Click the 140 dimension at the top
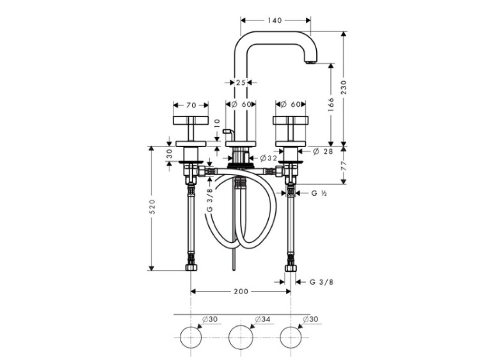pos(275,20)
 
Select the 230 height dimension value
pos(344,87)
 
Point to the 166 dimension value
pos(331,105)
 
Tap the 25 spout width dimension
pos(241,82)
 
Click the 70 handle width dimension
pos(191,106)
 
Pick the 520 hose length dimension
pos(152,207)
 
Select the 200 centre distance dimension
pos(241,292)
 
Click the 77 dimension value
pos(344,166)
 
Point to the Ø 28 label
pos(323,151)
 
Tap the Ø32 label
pos(268,158)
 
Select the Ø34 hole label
pos(262,319)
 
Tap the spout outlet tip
pos(311,62)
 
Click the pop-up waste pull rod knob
pos(227,132)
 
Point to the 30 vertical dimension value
pos(170,154)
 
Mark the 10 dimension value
pos(217,123)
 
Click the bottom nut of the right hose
pos(291,268)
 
